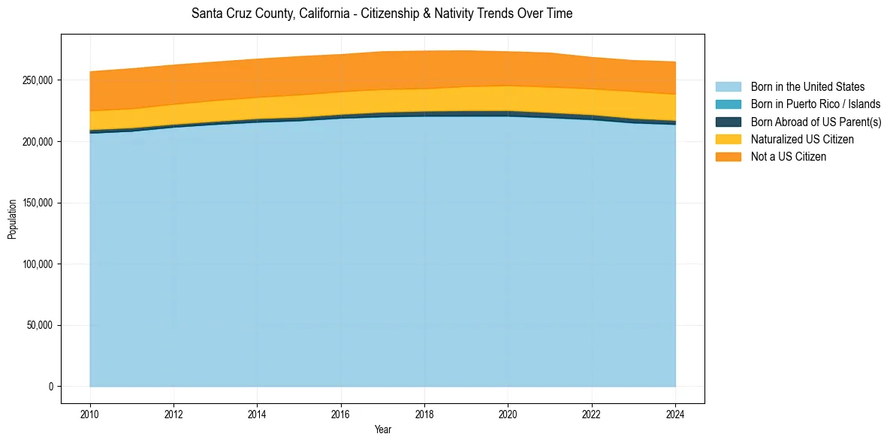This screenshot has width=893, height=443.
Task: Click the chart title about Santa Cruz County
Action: tap(382, 14)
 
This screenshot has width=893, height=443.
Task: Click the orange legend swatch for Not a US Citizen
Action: tap(728, 156)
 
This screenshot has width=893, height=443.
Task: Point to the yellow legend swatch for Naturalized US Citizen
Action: tap(728, 139)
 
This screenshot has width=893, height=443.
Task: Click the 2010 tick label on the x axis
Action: tap(89, 413)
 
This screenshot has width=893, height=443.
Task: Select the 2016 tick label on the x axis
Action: tap(340, 413)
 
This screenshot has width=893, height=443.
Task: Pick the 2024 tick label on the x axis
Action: tap(675, 413)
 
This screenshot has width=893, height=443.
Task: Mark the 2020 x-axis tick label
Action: tap(508, 413)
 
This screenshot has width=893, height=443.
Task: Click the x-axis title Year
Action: tap(382, 430)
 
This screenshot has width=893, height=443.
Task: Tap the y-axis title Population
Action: tap(12, 218)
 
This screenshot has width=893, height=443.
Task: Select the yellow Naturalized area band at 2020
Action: tap(508, 98)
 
